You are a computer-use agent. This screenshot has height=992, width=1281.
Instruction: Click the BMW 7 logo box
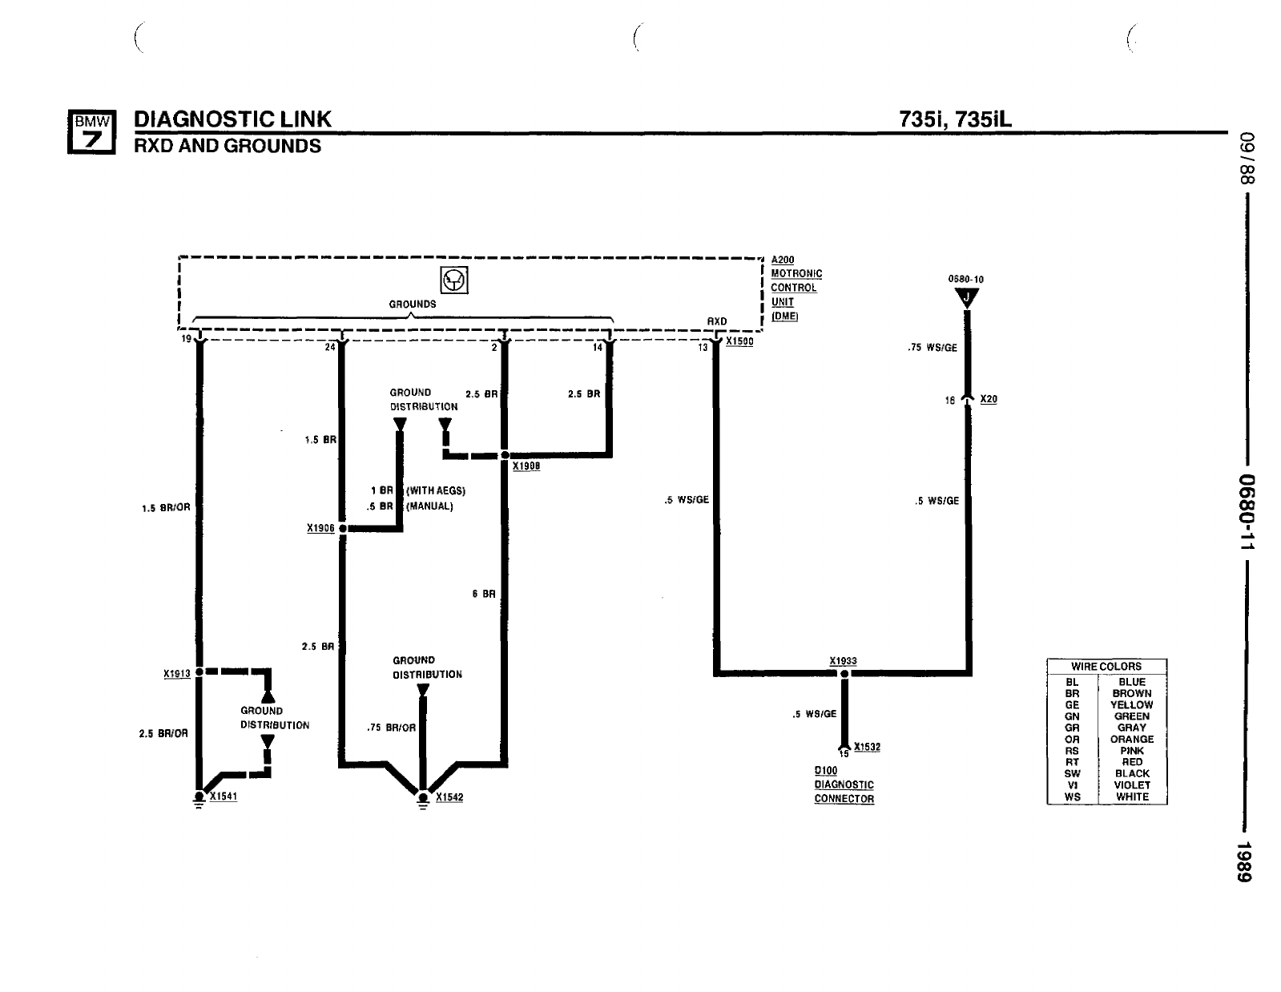pyautogui.click(x=91, y=132)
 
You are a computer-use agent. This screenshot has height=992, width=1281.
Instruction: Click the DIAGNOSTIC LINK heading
pyautogui.click(x=233, y=119)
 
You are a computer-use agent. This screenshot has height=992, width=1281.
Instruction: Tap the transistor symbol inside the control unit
pyautogui.click(x=454, y=280)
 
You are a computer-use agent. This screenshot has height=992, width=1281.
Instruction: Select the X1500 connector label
pyautogui.click(x=739, y=341)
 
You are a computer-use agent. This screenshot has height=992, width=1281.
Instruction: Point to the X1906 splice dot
pyautogui.click(x=343, y=529)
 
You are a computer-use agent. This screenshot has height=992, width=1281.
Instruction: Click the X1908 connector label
pyautogui.click(x=526, y=466)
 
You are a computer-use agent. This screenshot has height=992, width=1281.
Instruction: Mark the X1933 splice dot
pyautogui.click(x=844, y=674)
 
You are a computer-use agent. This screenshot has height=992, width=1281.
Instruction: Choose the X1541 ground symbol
pyautogui.click(x=199, y=799)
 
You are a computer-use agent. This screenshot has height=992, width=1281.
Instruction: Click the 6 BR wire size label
pyautogui.click(x=483, y=594)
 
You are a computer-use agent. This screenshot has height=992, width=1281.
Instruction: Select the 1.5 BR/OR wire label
pyautogui.click(x=166, y=508)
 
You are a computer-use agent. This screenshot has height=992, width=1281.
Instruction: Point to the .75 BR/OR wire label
pyautogui.click(x=391, y=728)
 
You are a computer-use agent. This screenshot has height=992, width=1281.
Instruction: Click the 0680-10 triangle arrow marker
pyautogui.click(x=967, y=297)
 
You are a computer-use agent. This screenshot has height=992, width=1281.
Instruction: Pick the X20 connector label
pyautogui.click(x=989, y=399)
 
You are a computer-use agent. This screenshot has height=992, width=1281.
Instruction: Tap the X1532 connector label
pyautogui.click(x=867, y=747)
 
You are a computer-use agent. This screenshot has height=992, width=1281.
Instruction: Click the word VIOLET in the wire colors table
pyautogui.click(x=1132, y=785)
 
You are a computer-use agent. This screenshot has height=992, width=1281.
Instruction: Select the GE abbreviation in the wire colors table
pyautogui.click(x=1072, y=705)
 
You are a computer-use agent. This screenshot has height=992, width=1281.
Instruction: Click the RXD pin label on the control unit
pyautogui.click(x=717, y=321)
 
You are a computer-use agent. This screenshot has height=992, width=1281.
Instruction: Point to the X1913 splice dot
pyautogui.click(x=199, y=672)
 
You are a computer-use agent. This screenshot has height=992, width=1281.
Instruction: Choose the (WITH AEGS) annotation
pyautogui.click(x=436, y=491)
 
